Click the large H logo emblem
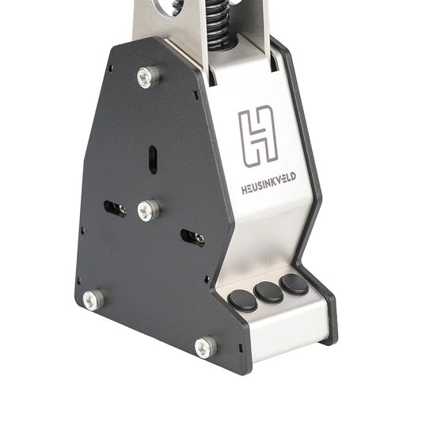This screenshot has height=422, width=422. click(257, 136)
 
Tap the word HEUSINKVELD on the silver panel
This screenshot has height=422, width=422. click(268, 183)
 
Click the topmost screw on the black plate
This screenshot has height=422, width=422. click(148, 77)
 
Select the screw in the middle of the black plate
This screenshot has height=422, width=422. click(149, 211)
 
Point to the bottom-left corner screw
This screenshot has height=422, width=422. click(93, 300)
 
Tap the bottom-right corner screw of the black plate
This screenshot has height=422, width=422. click(206, 348)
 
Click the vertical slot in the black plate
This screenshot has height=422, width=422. click(153, 160)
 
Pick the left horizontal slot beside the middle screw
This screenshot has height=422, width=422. click(115, 209)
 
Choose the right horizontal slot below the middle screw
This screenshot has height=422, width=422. click(192, 238)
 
